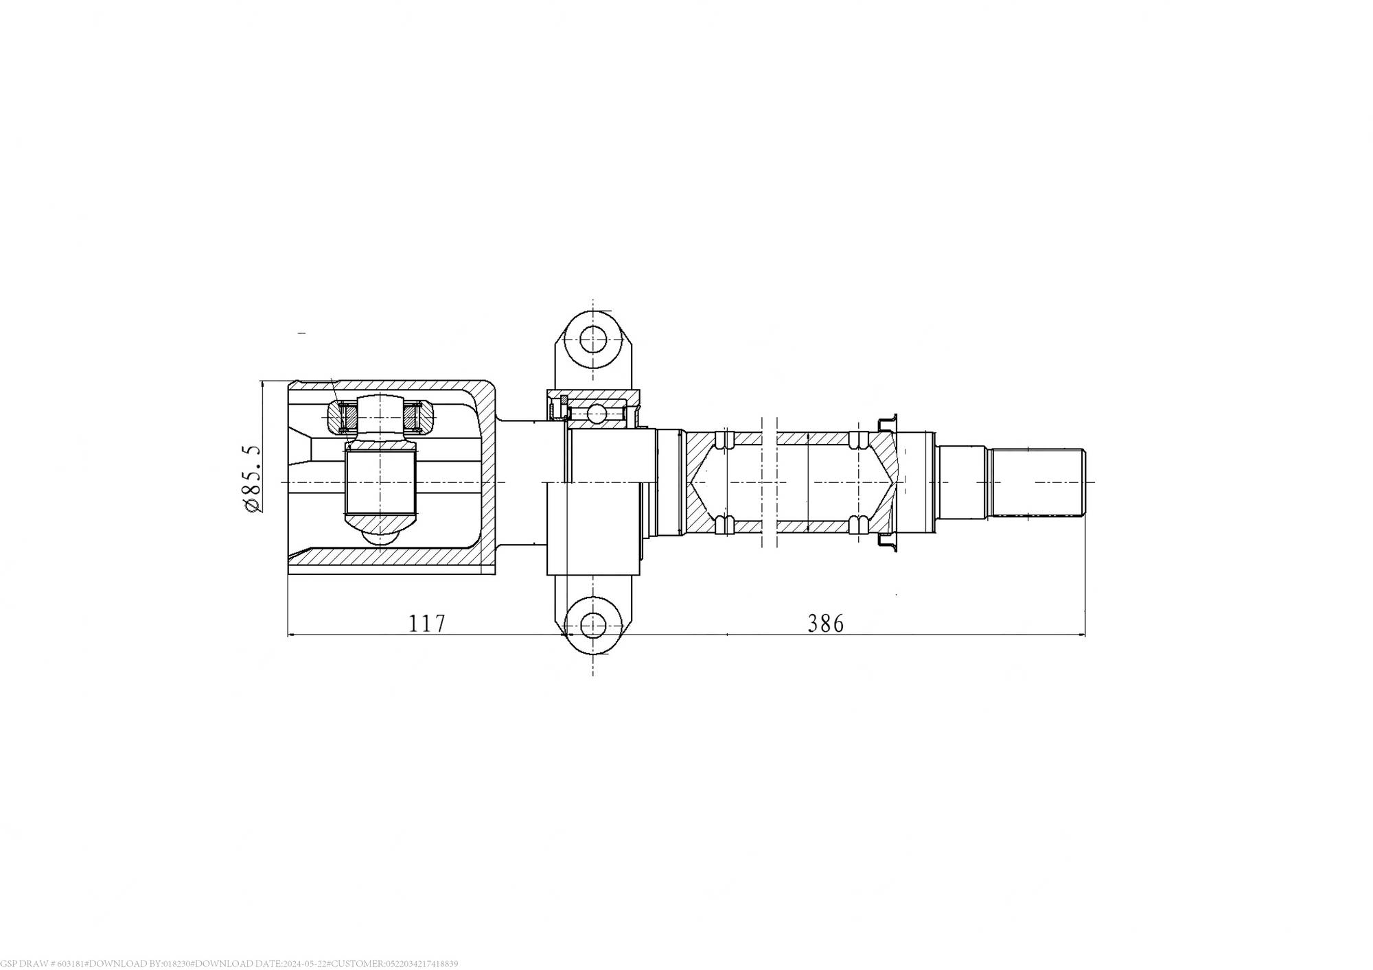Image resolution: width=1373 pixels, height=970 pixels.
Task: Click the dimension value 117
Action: point(427,624)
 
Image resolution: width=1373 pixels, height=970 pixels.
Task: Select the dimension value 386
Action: point(825,624)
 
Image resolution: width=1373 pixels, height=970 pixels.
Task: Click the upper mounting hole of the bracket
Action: point(592,338)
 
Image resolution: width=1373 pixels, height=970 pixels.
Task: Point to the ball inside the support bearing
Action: point(597,414)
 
